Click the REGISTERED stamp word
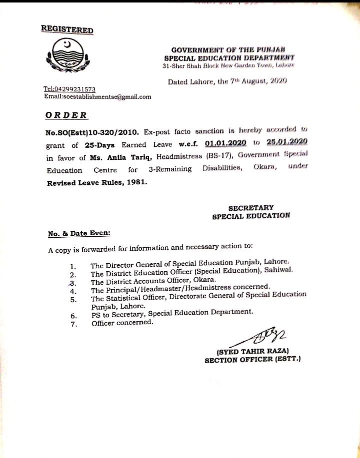(x=67, y=29)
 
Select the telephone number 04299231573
(x=69, y=89)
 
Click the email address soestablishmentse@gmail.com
(x=97, y=97)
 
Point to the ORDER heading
(x=66, y=115)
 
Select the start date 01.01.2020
(x=226, y=144)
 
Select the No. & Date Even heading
(x=79, y=233)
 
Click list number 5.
(x=73, y=299)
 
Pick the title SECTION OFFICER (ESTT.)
(x=252, y=359)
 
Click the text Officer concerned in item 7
(x=122, y=323)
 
